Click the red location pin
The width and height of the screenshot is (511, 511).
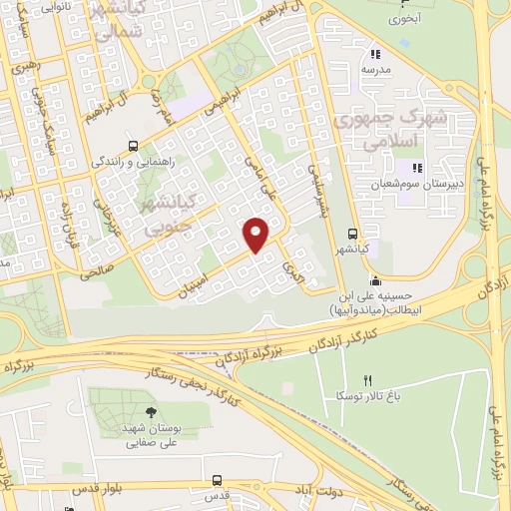click(x=256, y=234)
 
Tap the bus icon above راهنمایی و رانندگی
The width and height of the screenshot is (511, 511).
click(x=134, y=145)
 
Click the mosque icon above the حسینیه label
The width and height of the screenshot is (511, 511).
click(x=373, y=279)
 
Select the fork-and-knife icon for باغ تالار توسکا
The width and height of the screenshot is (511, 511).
click(x=367, y=380)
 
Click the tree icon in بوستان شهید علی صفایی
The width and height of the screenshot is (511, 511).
click(x=150, y=411)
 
